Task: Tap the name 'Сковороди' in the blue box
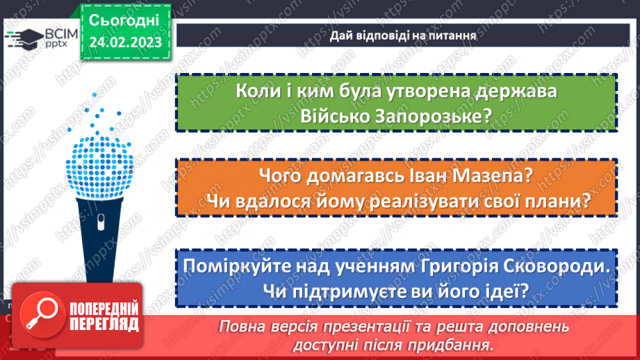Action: tap(554, 267)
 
